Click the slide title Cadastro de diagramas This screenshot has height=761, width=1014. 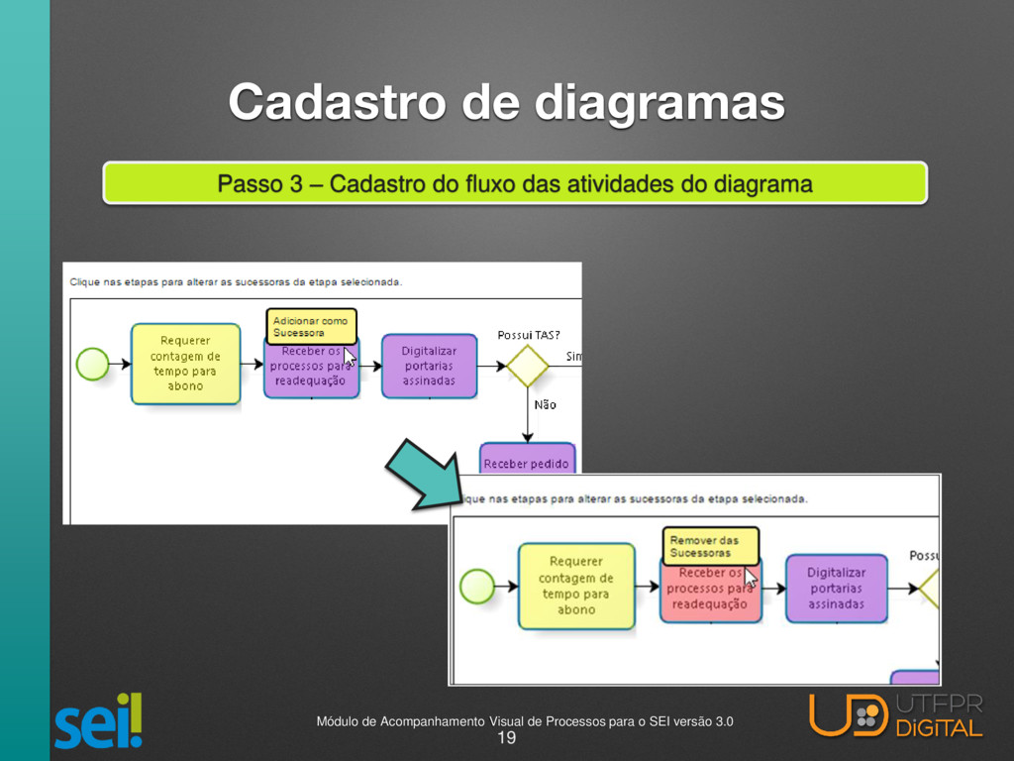(507, 102)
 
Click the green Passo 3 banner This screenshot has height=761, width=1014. (515, 183)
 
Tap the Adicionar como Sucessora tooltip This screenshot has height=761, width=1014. (311, 326)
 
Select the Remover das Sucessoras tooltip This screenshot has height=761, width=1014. (710, 546)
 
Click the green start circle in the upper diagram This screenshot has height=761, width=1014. (92, 364)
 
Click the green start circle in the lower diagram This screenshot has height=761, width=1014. (477, 585)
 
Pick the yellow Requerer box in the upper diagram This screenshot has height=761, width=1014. (185, 364)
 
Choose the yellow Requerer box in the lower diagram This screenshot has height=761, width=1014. (575, 586)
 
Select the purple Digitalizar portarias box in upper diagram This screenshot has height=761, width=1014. (429, 366)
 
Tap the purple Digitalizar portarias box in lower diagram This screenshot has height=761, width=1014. (836, 588)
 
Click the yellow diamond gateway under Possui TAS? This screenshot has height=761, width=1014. (528, 366)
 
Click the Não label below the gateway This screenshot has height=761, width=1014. (546, 404)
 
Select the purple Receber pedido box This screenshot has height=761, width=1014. (528, 460)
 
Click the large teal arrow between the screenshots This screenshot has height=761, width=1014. (420, 473)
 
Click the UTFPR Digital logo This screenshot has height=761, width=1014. (896, 715)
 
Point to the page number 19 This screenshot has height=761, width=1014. (506, 738)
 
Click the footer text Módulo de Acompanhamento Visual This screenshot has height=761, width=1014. (525, 720)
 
